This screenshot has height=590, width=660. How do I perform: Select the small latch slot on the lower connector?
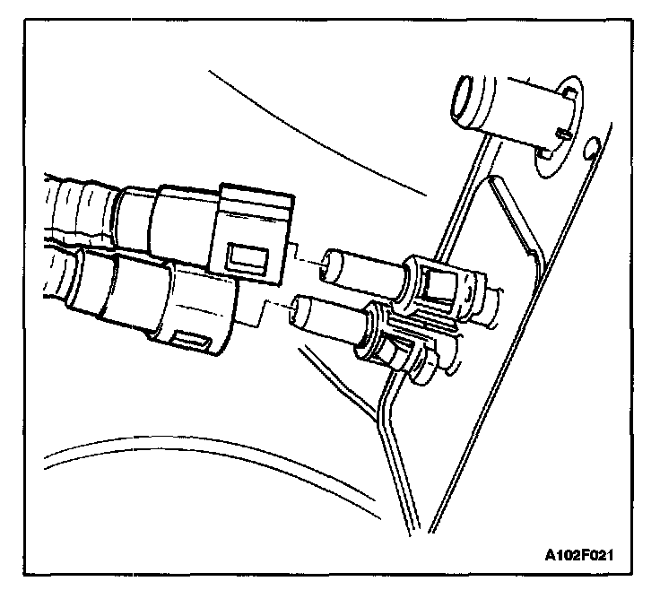pyautogui.click(x=190, y=339)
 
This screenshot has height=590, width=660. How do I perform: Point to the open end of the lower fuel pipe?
pyautogui.click(x=304, y=313)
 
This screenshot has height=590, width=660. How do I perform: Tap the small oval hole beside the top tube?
pyautogui.click(x=592, y=145)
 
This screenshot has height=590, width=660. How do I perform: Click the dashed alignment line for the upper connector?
pyautogui.click(x=308, y=263)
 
